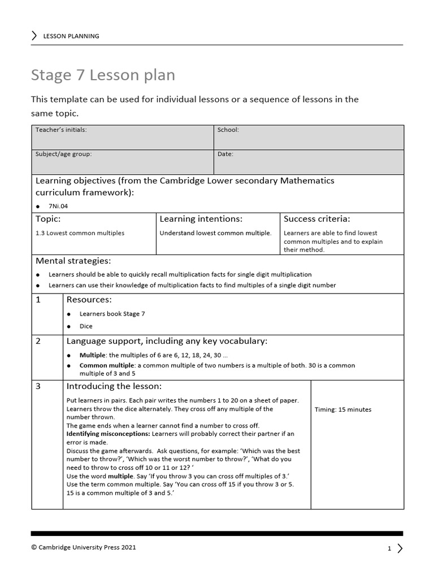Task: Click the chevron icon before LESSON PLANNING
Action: click(35, 36)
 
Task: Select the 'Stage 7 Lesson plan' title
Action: click(103, 75)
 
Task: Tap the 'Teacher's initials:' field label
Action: click(61, 130)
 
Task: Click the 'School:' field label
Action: click(228, 130)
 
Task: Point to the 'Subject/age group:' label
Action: click(63, 154)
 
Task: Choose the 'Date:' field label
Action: click(225, 154)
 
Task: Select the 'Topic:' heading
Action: click(48, 219)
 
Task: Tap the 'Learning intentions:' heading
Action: click(201, 219)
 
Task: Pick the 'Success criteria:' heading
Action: click(317, 219)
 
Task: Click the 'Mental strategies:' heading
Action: click(73, 261)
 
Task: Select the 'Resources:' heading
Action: click(89, 300)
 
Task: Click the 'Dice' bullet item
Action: click(86, 326)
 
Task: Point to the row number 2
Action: click(38, 341)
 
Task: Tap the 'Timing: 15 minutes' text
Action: click(343, 410)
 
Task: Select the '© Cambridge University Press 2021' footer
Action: click(84, 547)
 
